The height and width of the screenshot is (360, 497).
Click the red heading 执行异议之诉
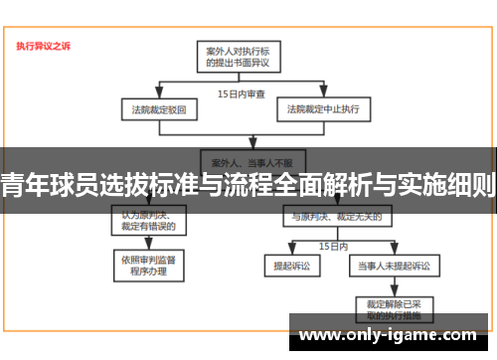tap(44, 46)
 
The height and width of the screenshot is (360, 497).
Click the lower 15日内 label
tap(332, 245)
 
